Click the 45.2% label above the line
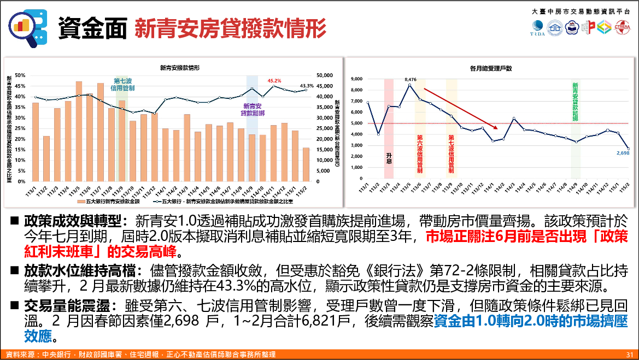coord(274,81)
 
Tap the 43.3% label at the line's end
coord(307,86)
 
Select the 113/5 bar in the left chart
coord(79,131)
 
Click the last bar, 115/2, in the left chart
coord(306,164)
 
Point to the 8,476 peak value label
coord(411,80)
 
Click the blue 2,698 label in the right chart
coord(623,154)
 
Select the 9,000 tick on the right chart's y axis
coord(356,79)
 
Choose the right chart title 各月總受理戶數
coord(491,68)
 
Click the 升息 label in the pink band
coord(389,158)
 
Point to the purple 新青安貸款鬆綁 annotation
coord(253,109)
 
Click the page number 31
coord(629,355)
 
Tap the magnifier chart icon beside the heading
coord(27,28)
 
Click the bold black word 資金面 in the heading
coord(92,28)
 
